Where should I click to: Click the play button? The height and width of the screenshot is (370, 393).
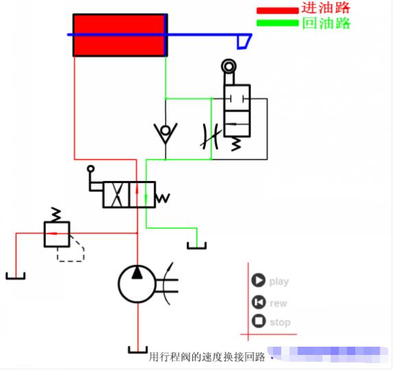pyautogui.click(x=259, y=280)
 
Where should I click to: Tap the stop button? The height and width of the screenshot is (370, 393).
pyautogui.click(x=259, y=321)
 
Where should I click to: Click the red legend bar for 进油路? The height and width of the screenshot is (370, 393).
pyautogui.click(x=278, y=10)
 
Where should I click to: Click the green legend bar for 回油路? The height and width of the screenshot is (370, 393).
pyautogui.click(x=278, y=23)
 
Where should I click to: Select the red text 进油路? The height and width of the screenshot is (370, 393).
pyautogui.click(x=326, y=8)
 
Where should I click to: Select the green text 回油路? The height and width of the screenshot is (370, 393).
pyautogui.click(x=326, y=23)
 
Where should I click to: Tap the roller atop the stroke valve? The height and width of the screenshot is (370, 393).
pyautogui.click(x=228, y=66)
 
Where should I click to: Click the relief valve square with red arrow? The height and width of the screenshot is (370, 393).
pyautogui.click(x=57, y=234)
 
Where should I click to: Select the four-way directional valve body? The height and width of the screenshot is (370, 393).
pyautogui.click(x=129, y=195)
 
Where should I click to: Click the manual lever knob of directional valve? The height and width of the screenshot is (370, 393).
pyautogui.click(x=90, y=168)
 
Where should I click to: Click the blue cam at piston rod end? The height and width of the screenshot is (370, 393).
pyautogui.click(x=241, y=41)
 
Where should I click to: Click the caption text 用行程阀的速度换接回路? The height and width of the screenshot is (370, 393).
pyautogui.click(x=206, y=356)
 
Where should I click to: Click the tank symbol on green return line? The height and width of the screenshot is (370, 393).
pyautogui.click(x=197, y=245)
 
